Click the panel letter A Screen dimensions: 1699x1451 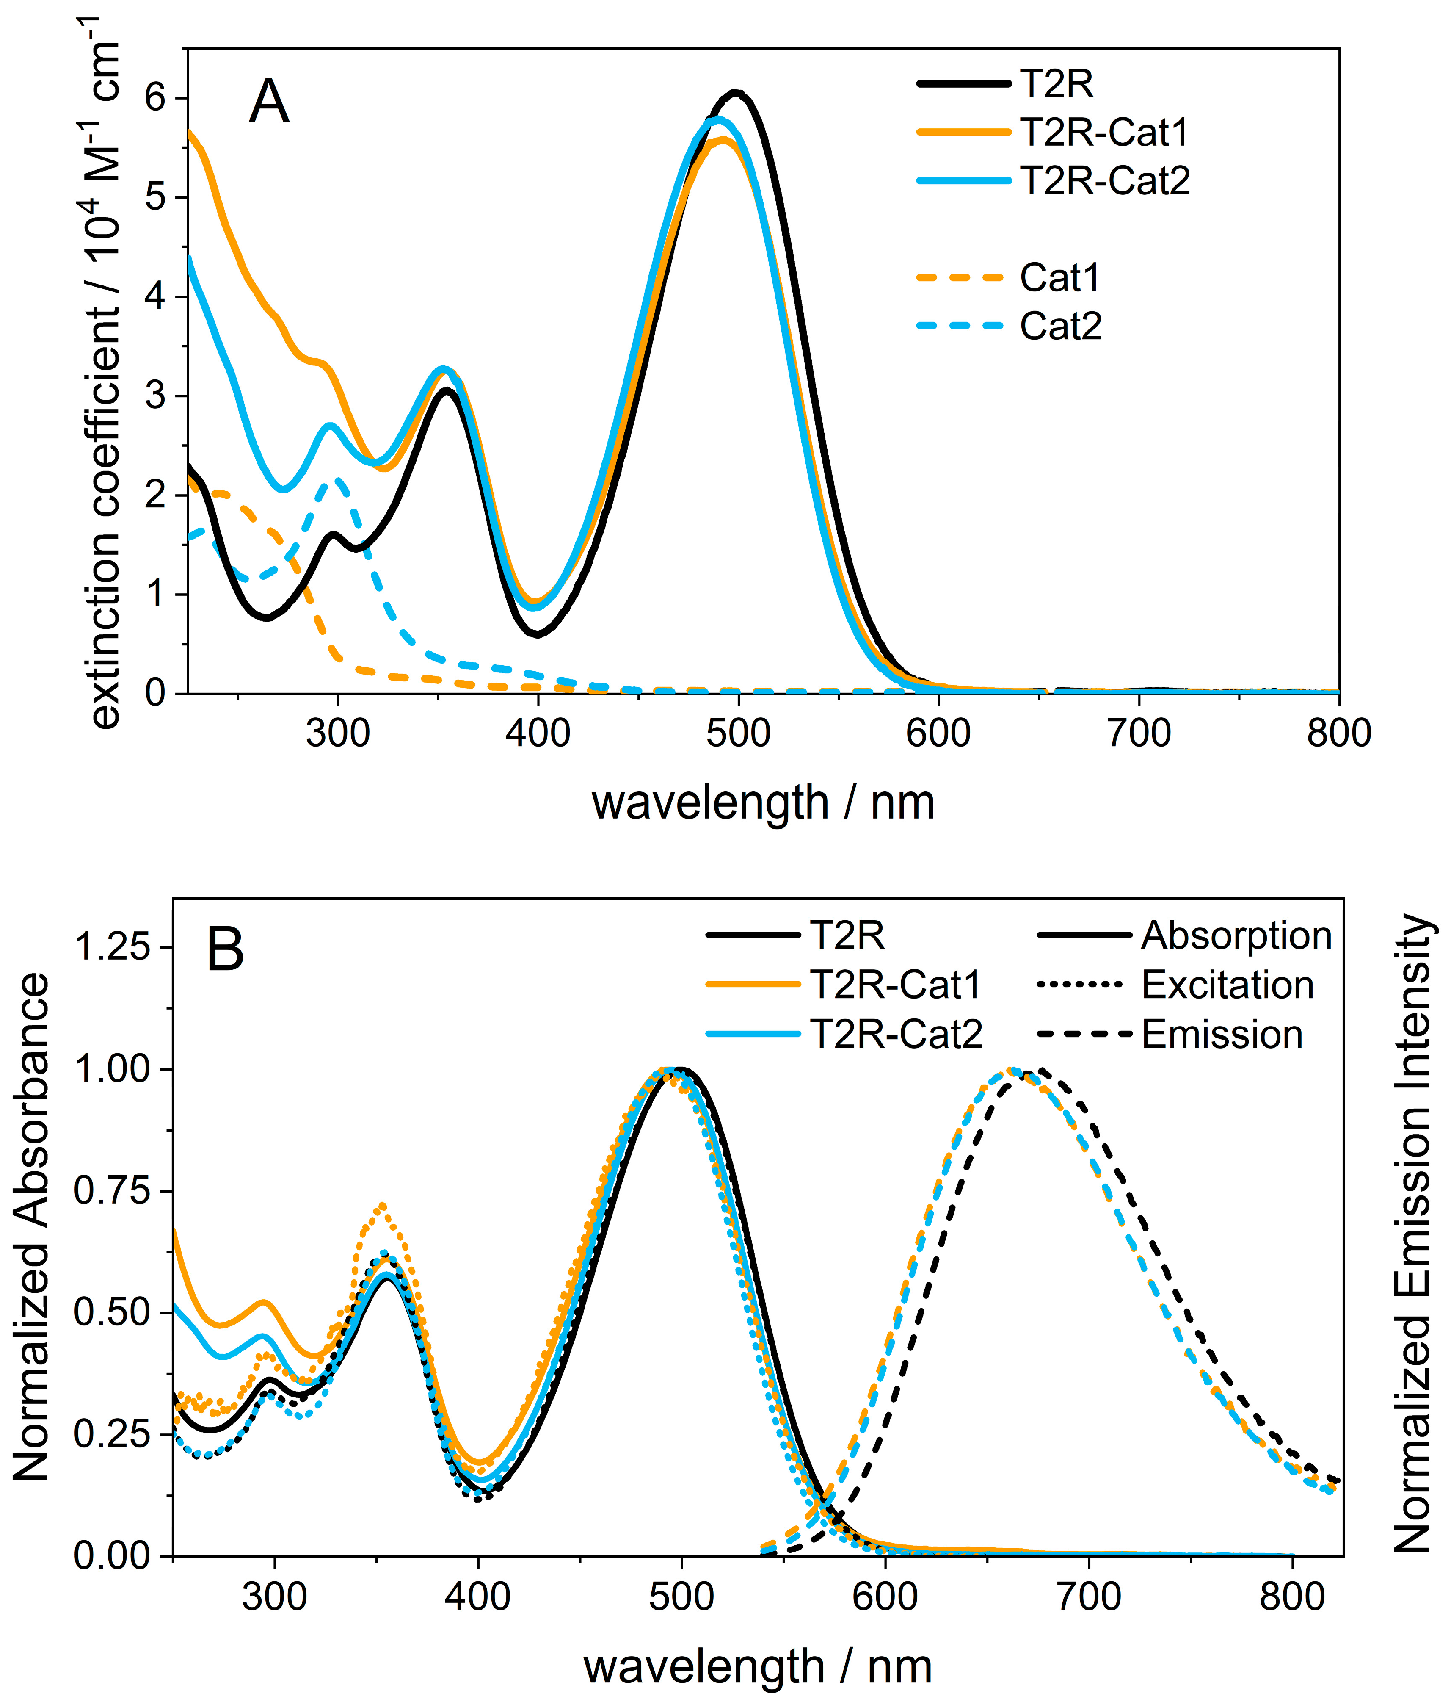click(269, 102)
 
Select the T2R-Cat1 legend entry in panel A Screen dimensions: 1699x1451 click(1103, 132)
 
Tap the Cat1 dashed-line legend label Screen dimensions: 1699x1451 click(1059, 278)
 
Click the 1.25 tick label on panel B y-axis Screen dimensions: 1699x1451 click(113, 947)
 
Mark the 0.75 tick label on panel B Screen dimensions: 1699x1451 click(113, 1190)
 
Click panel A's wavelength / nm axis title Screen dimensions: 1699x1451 click(762, 802)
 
